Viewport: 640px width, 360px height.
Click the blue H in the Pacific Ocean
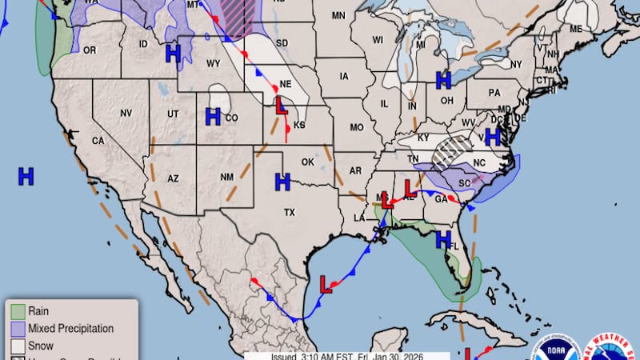[26, 176]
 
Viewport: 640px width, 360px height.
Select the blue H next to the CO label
[213, 117]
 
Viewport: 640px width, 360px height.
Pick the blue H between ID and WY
[172, 54]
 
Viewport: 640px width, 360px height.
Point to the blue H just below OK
[282, 182]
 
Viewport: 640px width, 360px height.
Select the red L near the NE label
[282, 106]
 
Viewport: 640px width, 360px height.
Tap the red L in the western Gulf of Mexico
[326, 284]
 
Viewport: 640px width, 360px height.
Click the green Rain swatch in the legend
[18, 311]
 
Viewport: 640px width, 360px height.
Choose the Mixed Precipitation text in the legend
[70, 329]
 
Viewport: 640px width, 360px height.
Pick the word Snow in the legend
[40, 346]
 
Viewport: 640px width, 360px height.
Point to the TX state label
[290, 212]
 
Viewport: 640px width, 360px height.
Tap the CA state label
[98, 141]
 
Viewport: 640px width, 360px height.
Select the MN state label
[338, 16]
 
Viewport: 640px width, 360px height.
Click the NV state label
[126, 113]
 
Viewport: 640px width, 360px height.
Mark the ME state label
[575, 29]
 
